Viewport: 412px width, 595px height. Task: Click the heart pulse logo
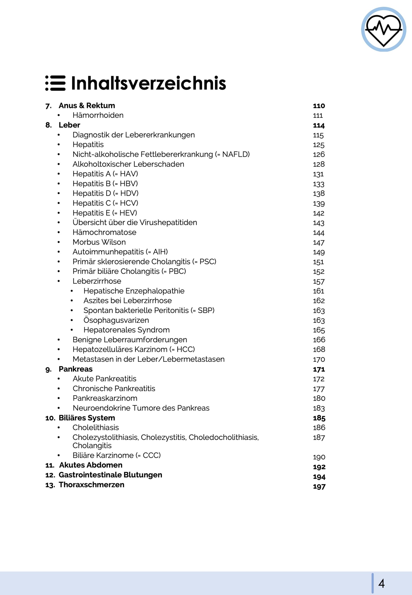coord(383,29)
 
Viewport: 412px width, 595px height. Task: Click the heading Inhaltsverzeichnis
coord(148,83)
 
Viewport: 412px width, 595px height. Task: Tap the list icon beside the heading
coord(55,83)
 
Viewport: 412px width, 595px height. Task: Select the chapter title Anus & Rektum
coord(87,106)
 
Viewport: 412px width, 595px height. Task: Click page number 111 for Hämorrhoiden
coord(318,116)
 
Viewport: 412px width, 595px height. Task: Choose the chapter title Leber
coord(69,125)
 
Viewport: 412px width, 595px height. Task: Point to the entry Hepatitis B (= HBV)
coord(105,184)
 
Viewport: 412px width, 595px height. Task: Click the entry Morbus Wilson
coord(99,242)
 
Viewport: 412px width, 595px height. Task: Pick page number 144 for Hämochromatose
coord(318,233)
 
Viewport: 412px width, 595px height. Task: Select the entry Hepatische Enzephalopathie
coord(134,291)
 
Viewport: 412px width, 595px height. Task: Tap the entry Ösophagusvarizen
coord(116,320)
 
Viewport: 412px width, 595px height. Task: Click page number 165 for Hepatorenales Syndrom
coord(319,330)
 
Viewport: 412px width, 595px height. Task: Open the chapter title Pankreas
coord(76,369)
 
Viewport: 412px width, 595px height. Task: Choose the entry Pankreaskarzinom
coord(105,398)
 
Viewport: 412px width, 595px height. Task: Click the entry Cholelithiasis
coord(96,428)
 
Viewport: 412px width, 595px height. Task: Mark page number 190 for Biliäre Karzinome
coord(319,457)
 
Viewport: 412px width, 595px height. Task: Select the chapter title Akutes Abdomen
coord(91,465)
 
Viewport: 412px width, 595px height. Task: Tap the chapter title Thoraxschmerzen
coord(91,485)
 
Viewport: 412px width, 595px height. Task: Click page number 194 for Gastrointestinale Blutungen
coord(319,477)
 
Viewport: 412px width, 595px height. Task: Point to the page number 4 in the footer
coord(381,583)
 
